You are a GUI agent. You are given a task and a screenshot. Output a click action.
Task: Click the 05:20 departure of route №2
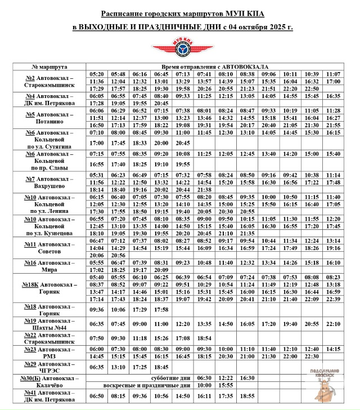96,74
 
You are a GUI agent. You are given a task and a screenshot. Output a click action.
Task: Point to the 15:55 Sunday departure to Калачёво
226,385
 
